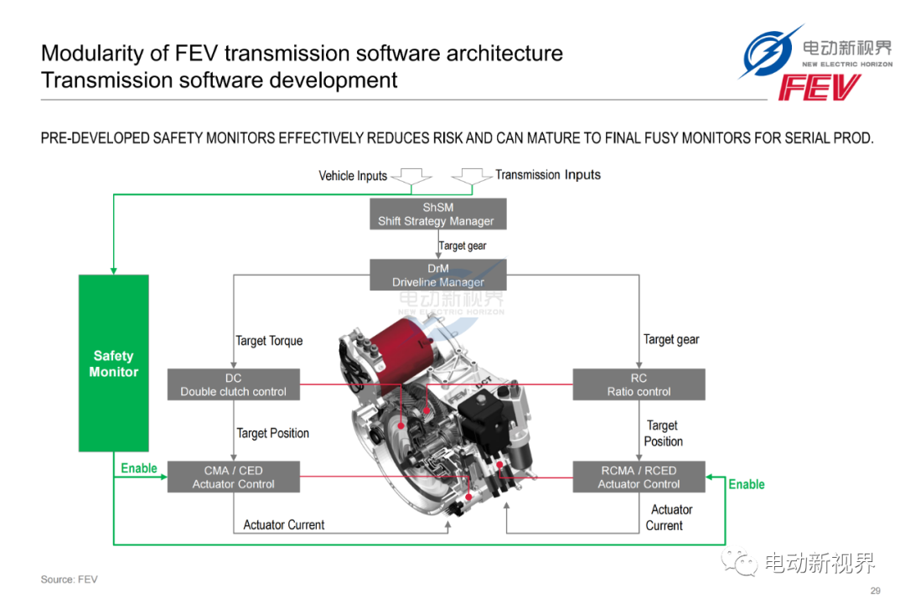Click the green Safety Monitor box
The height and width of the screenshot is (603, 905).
(114, 363)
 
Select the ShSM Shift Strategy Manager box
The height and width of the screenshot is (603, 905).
(438, 214)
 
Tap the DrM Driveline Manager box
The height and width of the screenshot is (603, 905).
(438, 275)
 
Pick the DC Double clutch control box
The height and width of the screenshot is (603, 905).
(234, 384)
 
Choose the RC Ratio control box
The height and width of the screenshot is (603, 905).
(639, 384)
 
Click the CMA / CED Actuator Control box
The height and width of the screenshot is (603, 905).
(234, 477)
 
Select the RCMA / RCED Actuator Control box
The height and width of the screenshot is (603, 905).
(639, 477)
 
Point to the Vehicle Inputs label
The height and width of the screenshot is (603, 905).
(353, 175)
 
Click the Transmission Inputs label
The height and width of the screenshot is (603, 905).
(548, 174)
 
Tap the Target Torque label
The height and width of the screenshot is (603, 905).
(269, 341)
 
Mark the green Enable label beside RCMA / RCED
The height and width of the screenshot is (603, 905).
(747, 484)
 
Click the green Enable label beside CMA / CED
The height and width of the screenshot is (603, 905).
(138, 468)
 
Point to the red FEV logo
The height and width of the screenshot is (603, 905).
(820, 87)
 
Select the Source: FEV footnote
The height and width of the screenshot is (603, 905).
(70, 580)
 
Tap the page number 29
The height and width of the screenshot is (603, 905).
(876, 590)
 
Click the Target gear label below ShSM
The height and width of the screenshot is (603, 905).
(463, 246)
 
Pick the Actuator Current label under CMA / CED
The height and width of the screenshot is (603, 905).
(284, 524)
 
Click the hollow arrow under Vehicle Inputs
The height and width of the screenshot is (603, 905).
(411, 178)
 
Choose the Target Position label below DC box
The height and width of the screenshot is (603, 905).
(273, 433)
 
